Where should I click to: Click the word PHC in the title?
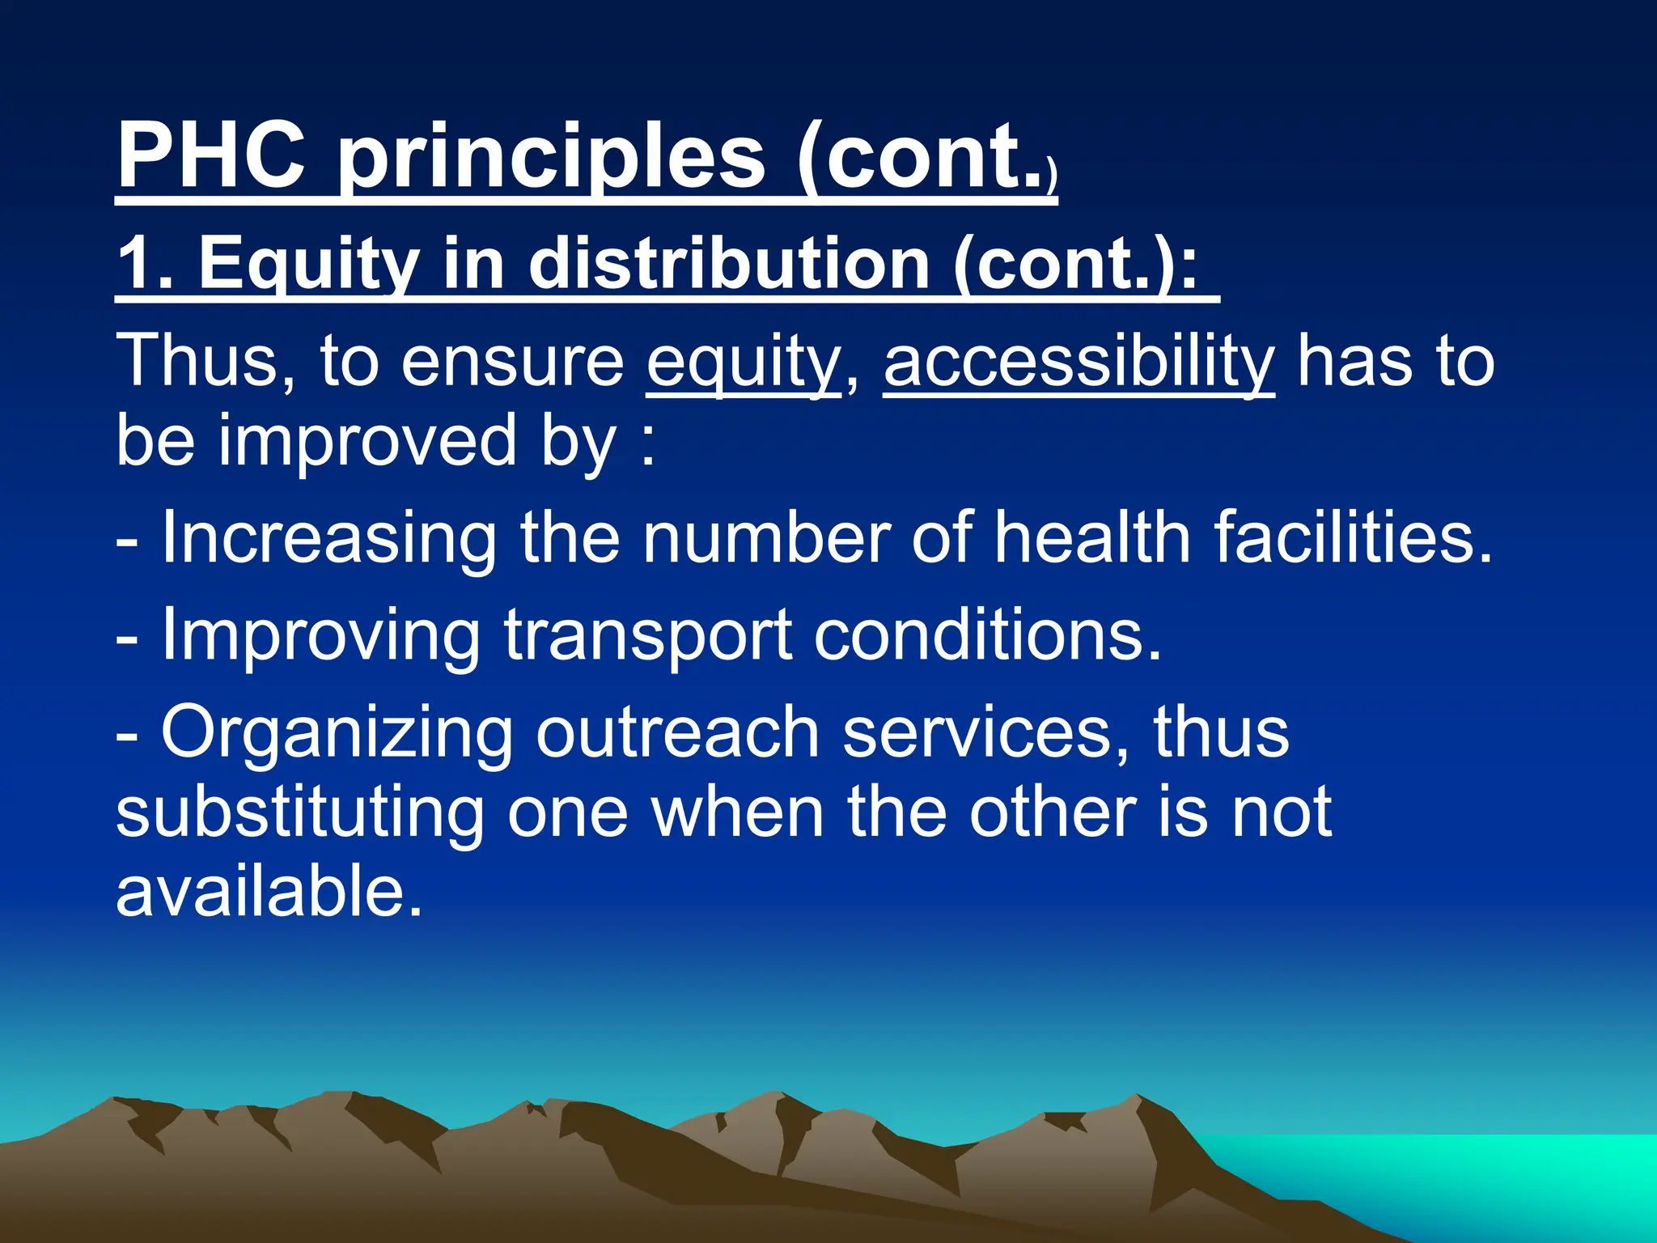coord(212,155)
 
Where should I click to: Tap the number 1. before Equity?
coord(146,264)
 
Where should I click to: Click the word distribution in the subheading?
coord(728,264)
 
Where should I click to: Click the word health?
coord(1092,537)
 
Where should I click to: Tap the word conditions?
coord(987,636)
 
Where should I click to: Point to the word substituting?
coord(299,814)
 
